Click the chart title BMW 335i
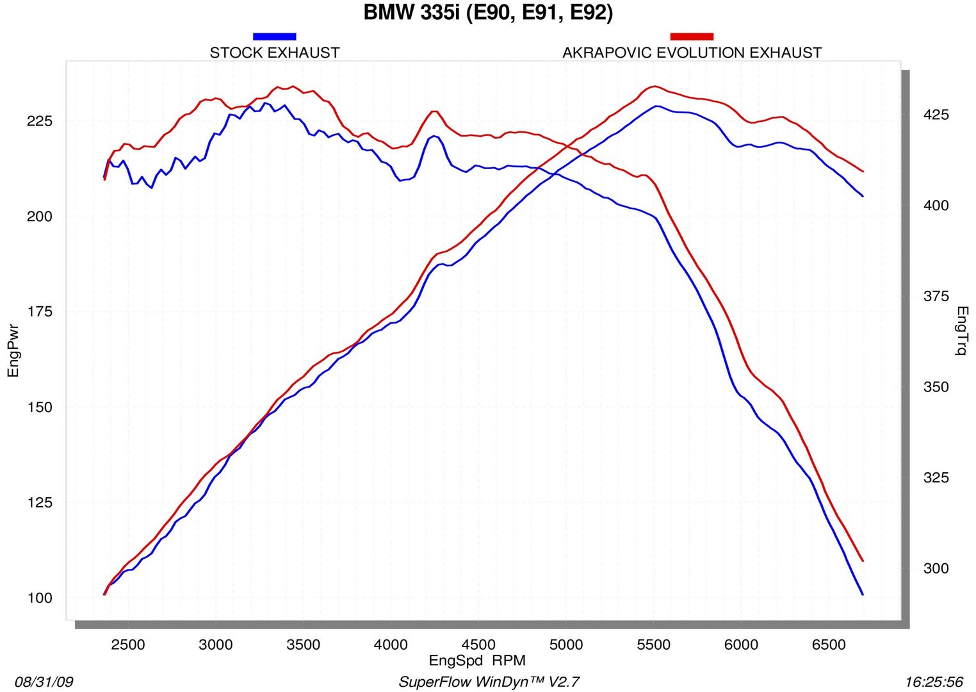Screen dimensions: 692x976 coord(488,13)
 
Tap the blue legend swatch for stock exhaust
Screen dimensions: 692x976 coord(274,37)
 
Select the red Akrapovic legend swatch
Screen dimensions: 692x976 coord(691,37)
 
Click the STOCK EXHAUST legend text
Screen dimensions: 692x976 coord(275,53)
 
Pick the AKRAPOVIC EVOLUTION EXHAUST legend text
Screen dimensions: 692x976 coord(692,53)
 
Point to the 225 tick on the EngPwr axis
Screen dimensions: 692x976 coord(40,122)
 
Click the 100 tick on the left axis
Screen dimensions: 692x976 coord(40,598)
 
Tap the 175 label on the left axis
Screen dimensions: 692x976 coord(40,312)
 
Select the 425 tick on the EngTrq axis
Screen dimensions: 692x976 coord(936,115)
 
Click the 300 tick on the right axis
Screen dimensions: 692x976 coord(936,569)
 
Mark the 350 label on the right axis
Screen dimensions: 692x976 coord(936,388)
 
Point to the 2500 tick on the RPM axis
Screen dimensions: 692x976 coord(128,645)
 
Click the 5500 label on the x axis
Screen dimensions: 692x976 coord(653,645)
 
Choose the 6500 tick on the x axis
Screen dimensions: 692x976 coord(829,645)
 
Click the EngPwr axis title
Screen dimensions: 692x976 coord(13,350)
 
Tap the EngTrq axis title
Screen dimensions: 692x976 coord(961,331)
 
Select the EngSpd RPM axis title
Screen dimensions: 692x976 coord(477,661)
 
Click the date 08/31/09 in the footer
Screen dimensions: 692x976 coord(44,682)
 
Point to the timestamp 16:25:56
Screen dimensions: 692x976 coord(934,682)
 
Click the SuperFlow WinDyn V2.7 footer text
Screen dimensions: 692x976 coord(489,682)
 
